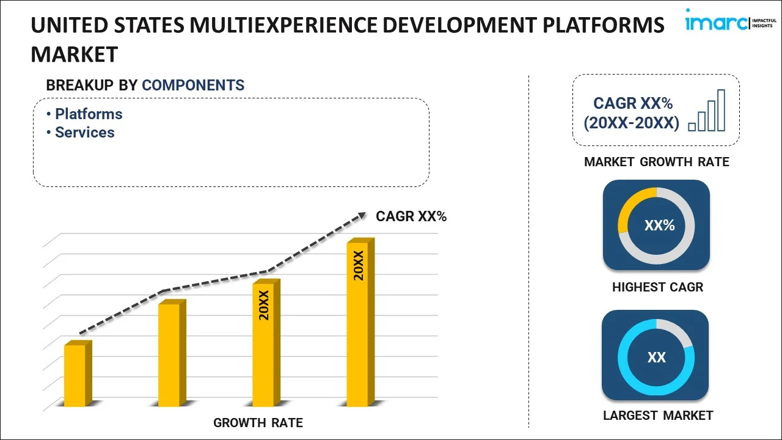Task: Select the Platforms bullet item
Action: click(x=88, y=114)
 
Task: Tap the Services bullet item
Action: click(x=84, y=133)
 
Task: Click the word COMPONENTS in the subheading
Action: click(x=193, y=86)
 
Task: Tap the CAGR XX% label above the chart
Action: click(x=411, y=216)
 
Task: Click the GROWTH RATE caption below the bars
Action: click(x=258, y=423)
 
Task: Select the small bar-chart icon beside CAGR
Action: click(x=707, y=111)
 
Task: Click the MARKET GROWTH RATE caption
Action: click(x=657, y=162)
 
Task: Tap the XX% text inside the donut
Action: click(x=659, y=226)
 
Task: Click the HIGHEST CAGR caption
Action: click(x=657, y=287)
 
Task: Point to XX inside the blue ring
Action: click(x=657, y=358)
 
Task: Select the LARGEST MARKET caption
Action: click(x=658, y=416)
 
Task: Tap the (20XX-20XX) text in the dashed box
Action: click(x=631, y=123)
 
